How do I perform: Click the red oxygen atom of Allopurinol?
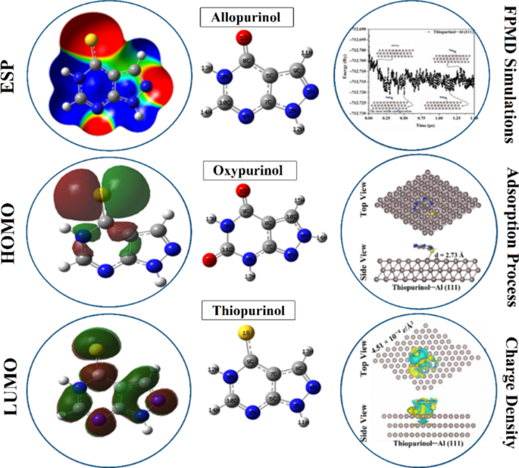coord(245,37)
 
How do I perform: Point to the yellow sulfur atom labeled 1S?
coord(245,333)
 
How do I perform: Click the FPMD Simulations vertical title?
coord(505,76)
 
